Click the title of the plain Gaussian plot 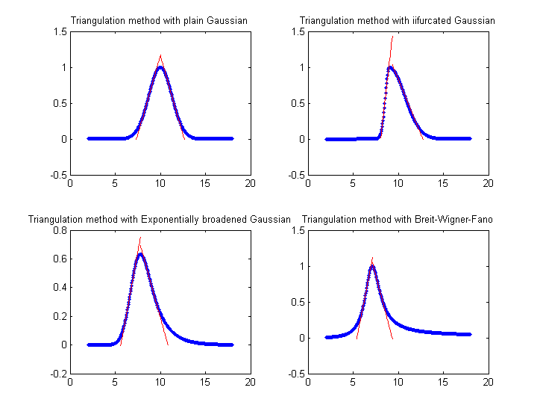click(x=160, y=20)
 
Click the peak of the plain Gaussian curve click(x=160, y=68)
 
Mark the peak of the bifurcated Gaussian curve click(x=390, y=67)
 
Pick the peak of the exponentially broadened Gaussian click(x=139, y=254)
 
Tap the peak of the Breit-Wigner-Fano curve click(x=372, y=267)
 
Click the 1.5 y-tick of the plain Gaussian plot click(x=58, y=31)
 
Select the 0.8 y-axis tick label click(x=58, y=231)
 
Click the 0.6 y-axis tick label click(x=58, y=259)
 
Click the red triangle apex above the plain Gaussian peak click(x=160, y=55)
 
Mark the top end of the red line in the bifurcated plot click(x=392, y=36)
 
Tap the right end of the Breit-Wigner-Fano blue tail click(x=470, y=334)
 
